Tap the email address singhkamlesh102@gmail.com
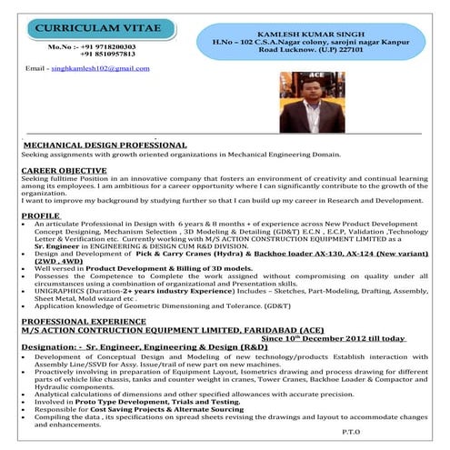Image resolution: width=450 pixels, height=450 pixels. (100, 69)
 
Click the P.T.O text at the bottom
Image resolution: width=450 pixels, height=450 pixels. (350, 432)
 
